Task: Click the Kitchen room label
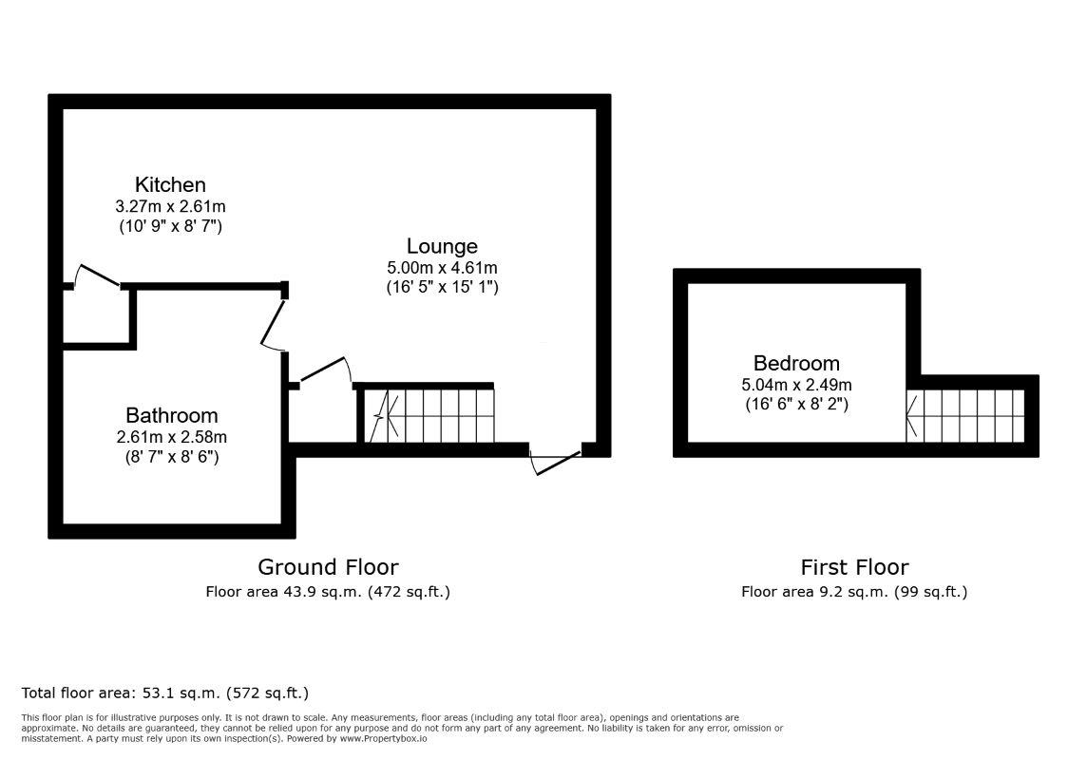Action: [170, 185]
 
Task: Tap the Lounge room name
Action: [442, 246]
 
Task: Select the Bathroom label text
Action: [172, 415]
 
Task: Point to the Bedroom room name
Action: [796, 363]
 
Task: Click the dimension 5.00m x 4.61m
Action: [442, 267]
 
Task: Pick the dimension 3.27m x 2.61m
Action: [170, 206]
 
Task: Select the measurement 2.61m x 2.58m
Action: [172, 437]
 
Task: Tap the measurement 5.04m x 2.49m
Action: [796, 385]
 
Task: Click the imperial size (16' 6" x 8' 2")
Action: [796, 404]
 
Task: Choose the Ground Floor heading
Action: [328, 567]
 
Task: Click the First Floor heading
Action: [854, 567]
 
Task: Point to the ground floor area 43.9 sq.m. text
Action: [328, 592]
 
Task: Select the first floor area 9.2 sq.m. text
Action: [854, 592]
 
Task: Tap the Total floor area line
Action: [165, 693]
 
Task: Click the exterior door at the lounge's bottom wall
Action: [555, 463]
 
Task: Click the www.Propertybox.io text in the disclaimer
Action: [383, 738]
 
